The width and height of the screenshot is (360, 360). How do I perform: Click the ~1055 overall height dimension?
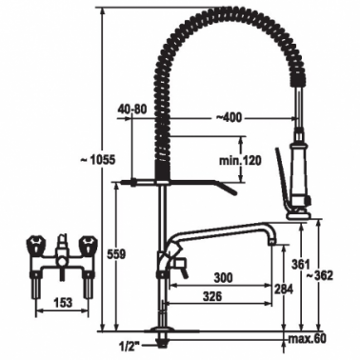coord(97,160)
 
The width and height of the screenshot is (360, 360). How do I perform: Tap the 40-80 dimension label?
coord(132,110)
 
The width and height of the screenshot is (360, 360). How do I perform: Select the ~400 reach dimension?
coord(229,118)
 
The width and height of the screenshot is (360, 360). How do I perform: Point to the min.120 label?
coord(240,161)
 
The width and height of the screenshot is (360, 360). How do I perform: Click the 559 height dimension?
coord(116,254)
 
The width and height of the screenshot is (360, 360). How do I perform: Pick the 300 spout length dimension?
coord(223,278)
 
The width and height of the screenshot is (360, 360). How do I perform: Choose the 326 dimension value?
coord(212,296)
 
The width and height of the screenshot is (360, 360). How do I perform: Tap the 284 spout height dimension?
coord(285,289)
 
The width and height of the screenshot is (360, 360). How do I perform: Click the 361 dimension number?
coord(299,263)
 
